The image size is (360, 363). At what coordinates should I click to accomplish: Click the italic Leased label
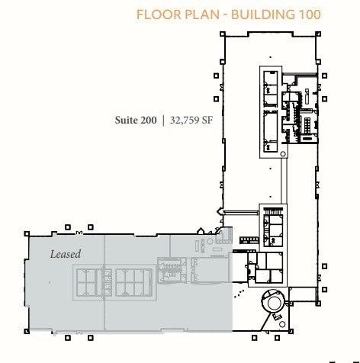coord(65,253)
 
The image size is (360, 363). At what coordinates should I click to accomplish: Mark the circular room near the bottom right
coord(272,303)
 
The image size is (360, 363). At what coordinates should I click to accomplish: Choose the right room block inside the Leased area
coord(134,282)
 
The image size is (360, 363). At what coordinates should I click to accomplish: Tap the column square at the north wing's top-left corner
coord(221,34)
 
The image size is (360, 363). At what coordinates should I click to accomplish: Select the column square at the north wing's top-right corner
coord(318,34)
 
